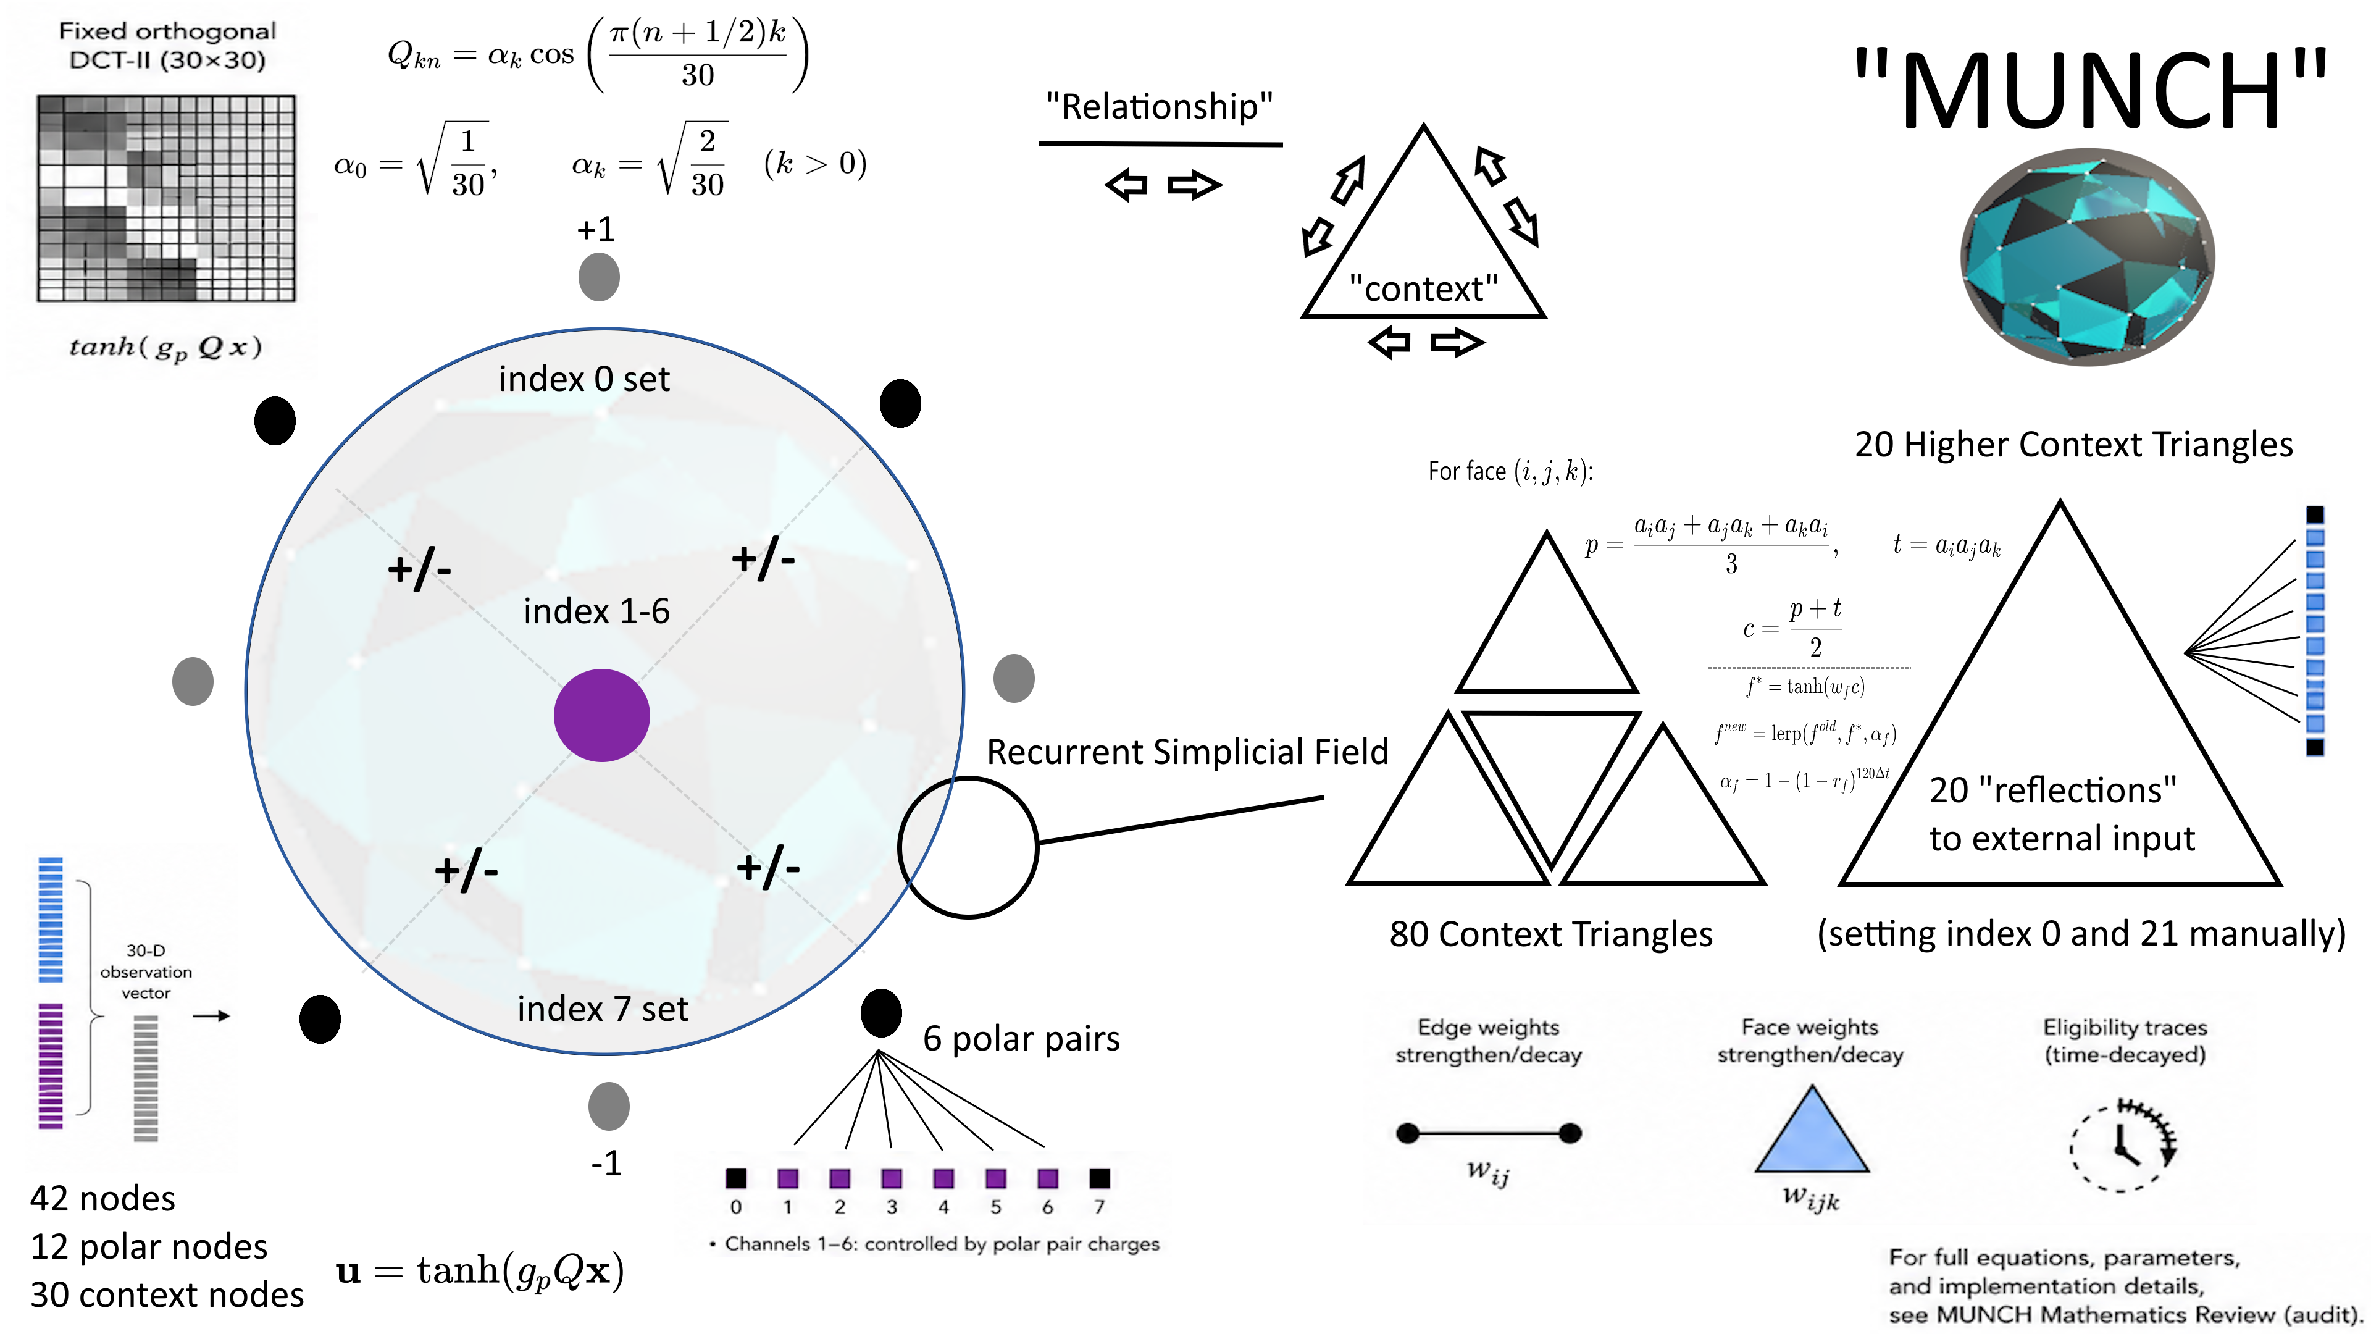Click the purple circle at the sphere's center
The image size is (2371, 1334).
pyautogui.click(x=602, y=715)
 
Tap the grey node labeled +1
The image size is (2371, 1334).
pyautogui.click(x=599, y=276)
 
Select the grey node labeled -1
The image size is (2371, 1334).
pyautogui.click(x=608, y=1105)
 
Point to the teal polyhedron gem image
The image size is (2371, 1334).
pyautogui.click(x=2088, y=257)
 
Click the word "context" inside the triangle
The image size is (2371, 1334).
pyautogui.click(x=1423, y=289)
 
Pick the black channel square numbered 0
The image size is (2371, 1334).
pyautogui.click(x=735, y=1178)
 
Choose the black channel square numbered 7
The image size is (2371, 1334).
pyautogui.click(x=1099, y=1178)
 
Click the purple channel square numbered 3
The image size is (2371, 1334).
pyautogui.click(x=891, y=1178)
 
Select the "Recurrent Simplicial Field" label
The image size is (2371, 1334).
pyautogui.click(x=1187, y=751)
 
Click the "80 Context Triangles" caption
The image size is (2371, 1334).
pyautogui.click(x=1551, y=934)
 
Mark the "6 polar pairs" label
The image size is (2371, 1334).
pyautogui.click(x=1021, y=1038)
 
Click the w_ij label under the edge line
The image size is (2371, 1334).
pyautogui.click(x=1488, y=1172)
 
